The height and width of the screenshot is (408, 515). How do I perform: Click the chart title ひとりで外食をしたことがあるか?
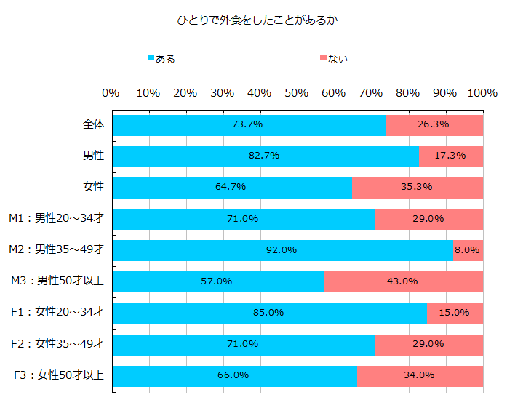point(257,21)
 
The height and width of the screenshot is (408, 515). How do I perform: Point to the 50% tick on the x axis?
point(297,93)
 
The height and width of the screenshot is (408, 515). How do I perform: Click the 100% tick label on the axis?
point(482,93)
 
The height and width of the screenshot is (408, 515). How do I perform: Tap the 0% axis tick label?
point(111,93)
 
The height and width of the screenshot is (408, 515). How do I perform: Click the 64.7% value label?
point(231,187)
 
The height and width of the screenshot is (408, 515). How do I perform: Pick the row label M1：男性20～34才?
point(56,218)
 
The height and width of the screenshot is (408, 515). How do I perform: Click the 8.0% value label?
point(468,250)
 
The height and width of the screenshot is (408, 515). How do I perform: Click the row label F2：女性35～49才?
point(57,344)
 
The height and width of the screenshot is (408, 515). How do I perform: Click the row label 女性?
point(94,187)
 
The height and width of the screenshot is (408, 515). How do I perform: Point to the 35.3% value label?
point(417,187)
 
